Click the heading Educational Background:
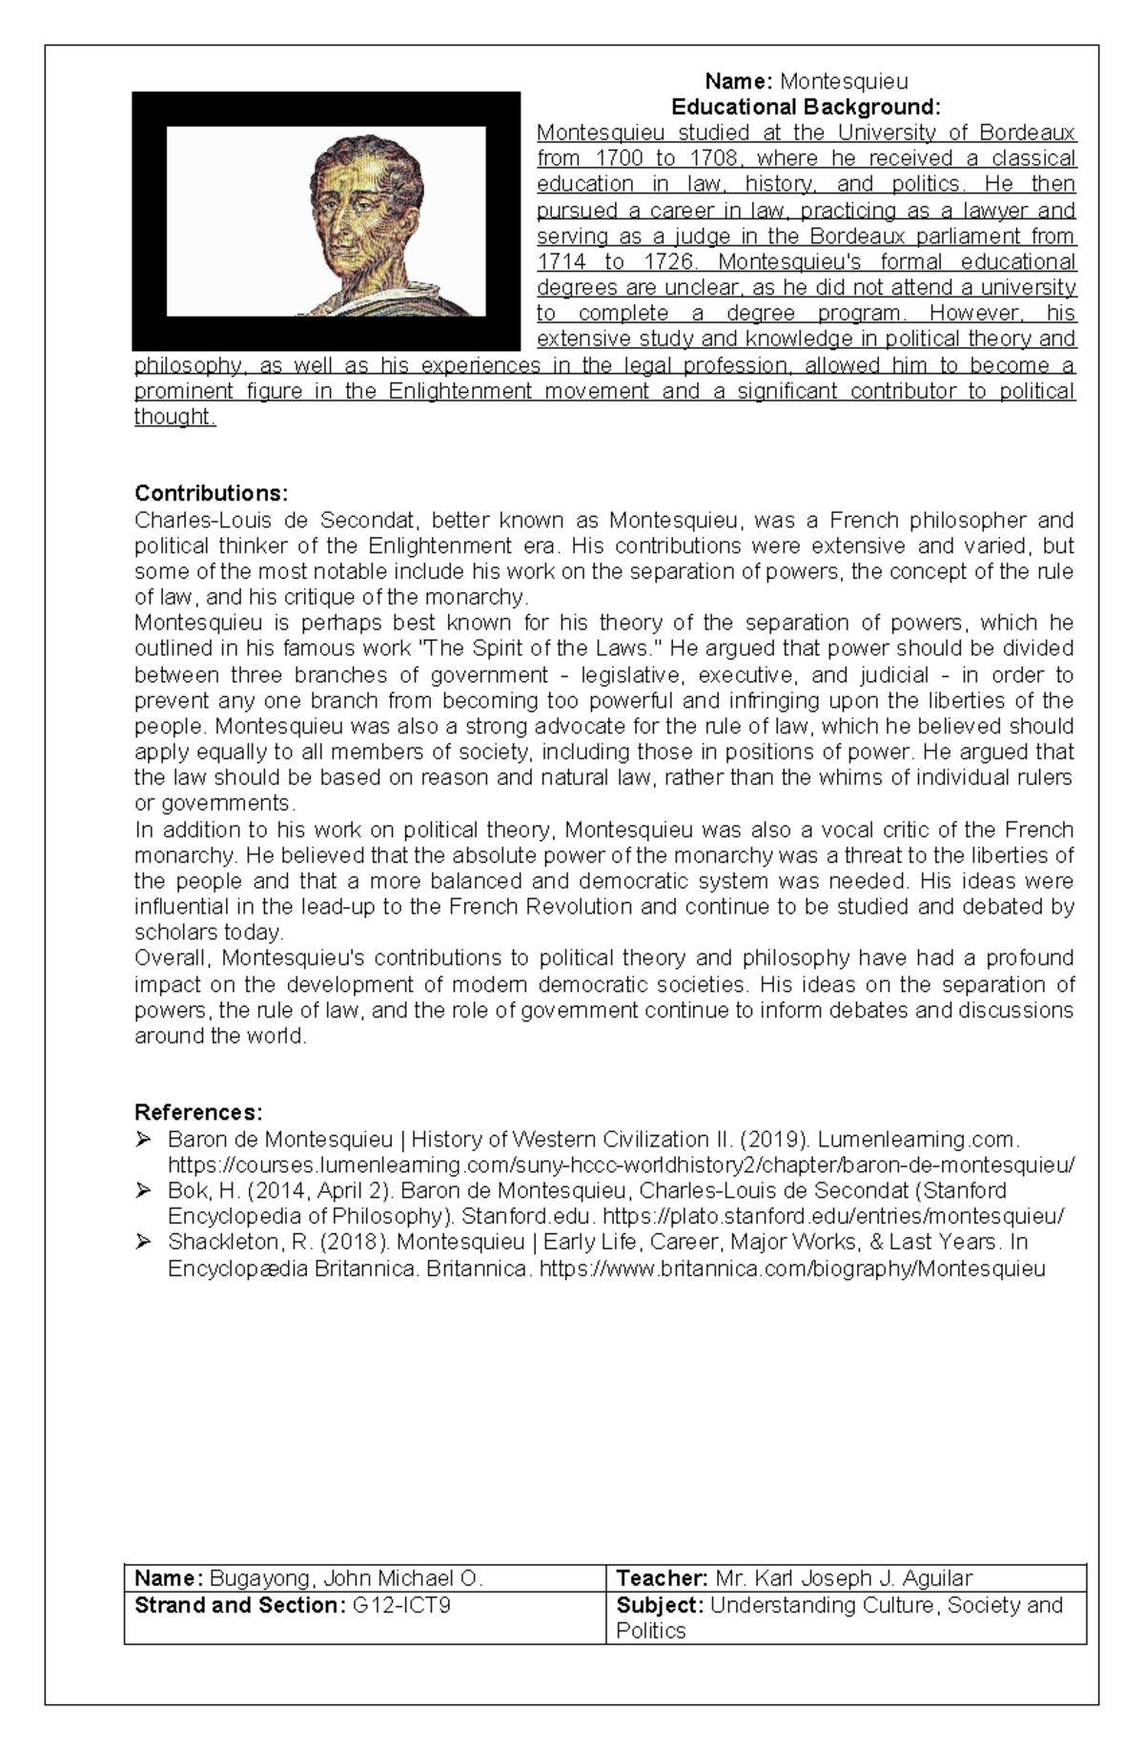pyautogui.click(x=806, y=106)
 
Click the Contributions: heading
pyautogui.click(x=211, y=493)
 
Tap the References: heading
pyautogui.click(x=198, y=1112)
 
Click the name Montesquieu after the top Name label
pyautogui.click(x=844, y=81)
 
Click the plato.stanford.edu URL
pyautogui.click(x=833, y=1216)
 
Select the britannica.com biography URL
pyautogui.click(x=792, y=1268)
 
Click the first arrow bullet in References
pyautogui.click(x=144, y=1139)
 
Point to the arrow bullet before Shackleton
pyautogui.click(x=144, y=1242)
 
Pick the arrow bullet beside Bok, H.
pyautogui.click(x=144, y=1190)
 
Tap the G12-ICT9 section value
pyautogui.click(x=401, y=1605)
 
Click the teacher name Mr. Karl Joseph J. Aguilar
pyautogui.click(x=843, y=1578)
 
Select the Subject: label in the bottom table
pyautogui.click(x=660, y=1605)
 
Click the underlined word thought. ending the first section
pyautogui.click(x=175, y=417)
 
